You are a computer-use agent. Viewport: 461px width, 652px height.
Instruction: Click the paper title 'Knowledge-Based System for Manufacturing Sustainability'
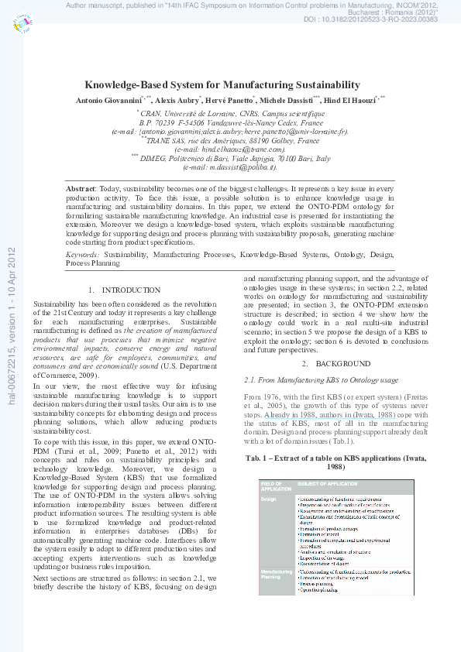click(222, 85)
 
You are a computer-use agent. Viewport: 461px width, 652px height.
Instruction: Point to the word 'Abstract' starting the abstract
click(81, 189)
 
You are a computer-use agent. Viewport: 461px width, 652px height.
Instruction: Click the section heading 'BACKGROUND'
click(332, 363)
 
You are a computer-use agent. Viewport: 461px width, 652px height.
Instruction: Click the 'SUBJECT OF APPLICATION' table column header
click(326, 485)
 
